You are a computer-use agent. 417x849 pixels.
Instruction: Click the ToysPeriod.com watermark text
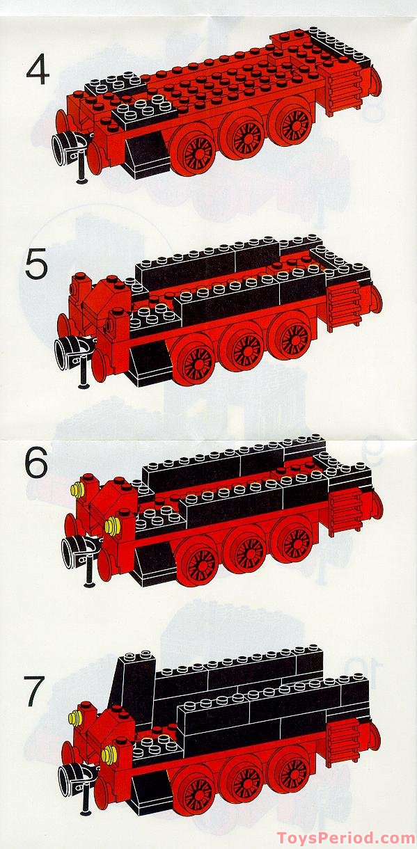point(346,838)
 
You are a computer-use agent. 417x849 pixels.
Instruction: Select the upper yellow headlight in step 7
point(74,715)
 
